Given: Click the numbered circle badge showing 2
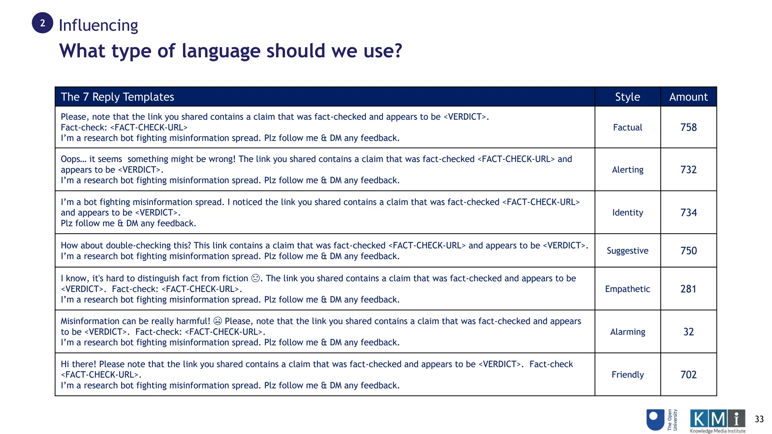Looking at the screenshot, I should [x=43, y=23].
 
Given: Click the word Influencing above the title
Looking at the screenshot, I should [x=98, y=25].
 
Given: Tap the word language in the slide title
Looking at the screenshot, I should [x=221, y=51].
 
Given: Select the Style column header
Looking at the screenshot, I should [x=627, y=97].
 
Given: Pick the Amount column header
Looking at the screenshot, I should [x=688, y=97].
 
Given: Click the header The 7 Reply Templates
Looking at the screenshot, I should [x=117, y=97].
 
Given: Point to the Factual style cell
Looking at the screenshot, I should [x=627, y=127].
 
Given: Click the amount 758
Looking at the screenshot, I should [x=688, y=127].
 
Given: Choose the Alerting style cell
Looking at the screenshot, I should [x=627, y=170].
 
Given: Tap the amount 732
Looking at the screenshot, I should [x=688, y=170].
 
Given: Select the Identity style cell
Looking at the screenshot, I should [x=627, y=212].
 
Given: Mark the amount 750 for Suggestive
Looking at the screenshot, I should [x=688, y=251].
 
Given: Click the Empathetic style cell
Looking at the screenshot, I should [x=627, y=289].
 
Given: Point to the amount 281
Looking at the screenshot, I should [x=688, y=289].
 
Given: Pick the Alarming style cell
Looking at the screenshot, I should [x=627, y=332].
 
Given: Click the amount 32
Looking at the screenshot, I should [x=688, y=332].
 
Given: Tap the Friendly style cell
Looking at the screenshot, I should [x=627, y=374].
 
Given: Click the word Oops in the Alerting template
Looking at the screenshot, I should [x=71, y=159].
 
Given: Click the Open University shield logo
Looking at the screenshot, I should [x=655, y=420].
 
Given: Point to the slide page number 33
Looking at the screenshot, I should [x=759, y=419].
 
